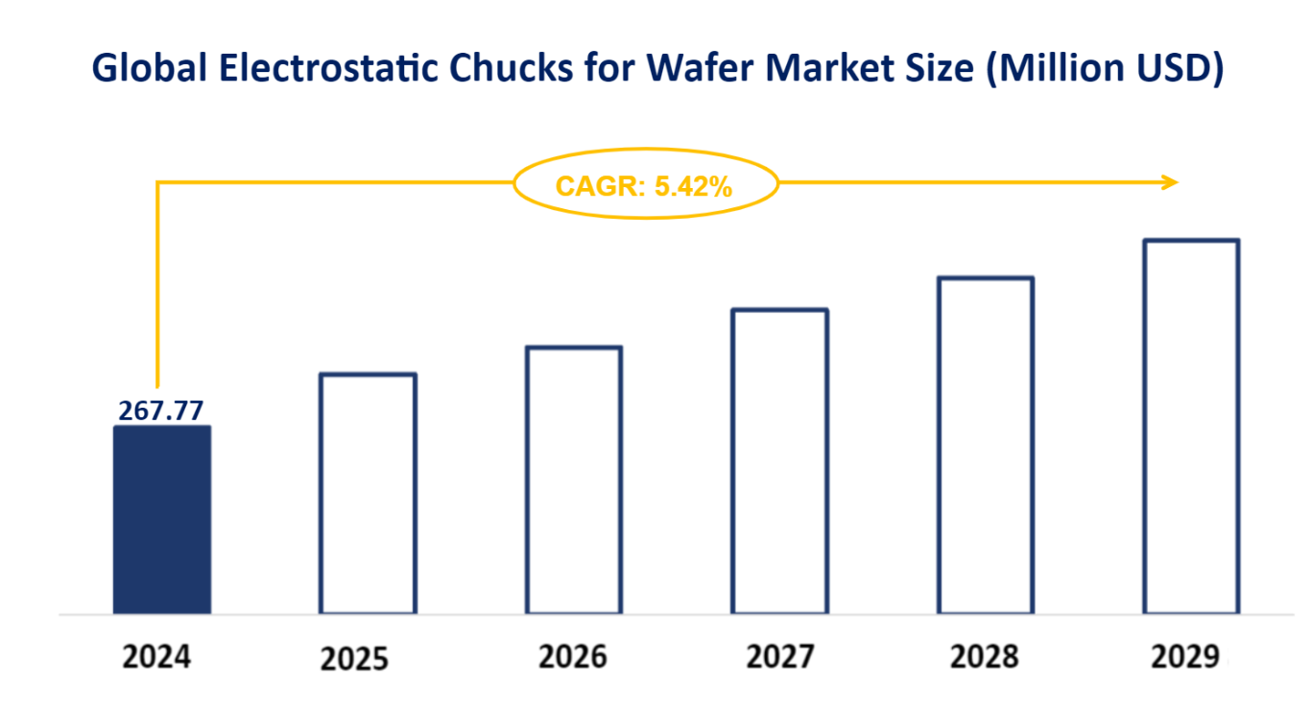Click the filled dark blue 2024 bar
click(x=161, y=519)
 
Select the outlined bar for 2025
click(x=368, y=493)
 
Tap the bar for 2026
click(x=574, y=480)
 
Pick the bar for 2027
click(x=779, y=461)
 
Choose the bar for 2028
click(x=986, y=445)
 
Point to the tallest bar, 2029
click(x=1191, y=426)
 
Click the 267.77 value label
click(x=161, y=411)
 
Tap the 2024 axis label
click(x=157, y=658)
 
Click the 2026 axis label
click(x=573, y=657)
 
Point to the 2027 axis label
click(x=779, y=657)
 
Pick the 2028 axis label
click(x=985, y=657)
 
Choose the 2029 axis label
click(x=1185, y=657)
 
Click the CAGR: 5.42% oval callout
click(x=645, y=187)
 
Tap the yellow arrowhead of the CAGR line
click(x=1169, y=181)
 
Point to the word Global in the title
click(x=137, y=68)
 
